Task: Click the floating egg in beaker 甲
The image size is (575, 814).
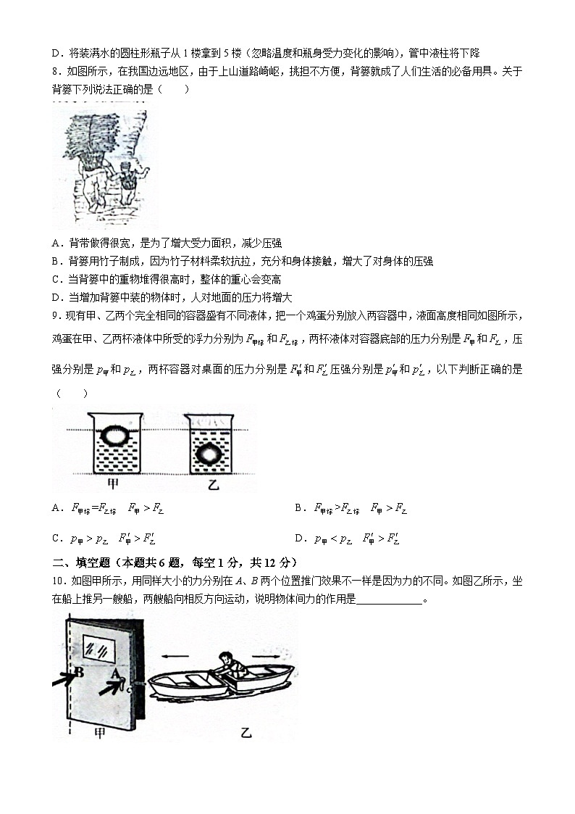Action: (x=114, y=436)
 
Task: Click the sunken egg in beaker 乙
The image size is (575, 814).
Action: (x=209, y=454)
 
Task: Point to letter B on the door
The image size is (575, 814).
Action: (x=80, y=672)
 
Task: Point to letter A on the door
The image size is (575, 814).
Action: (x=114, y=673)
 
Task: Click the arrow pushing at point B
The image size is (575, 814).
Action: (x=64, y=679)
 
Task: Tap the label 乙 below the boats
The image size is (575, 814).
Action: (x=245, y=733)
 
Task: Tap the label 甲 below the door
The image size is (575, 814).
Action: (x=99, y=733)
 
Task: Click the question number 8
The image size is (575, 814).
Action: (x=55, y=71)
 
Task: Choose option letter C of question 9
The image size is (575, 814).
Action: (x=56, y=539)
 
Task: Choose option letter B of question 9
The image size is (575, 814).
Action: (x=298, y=508)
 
